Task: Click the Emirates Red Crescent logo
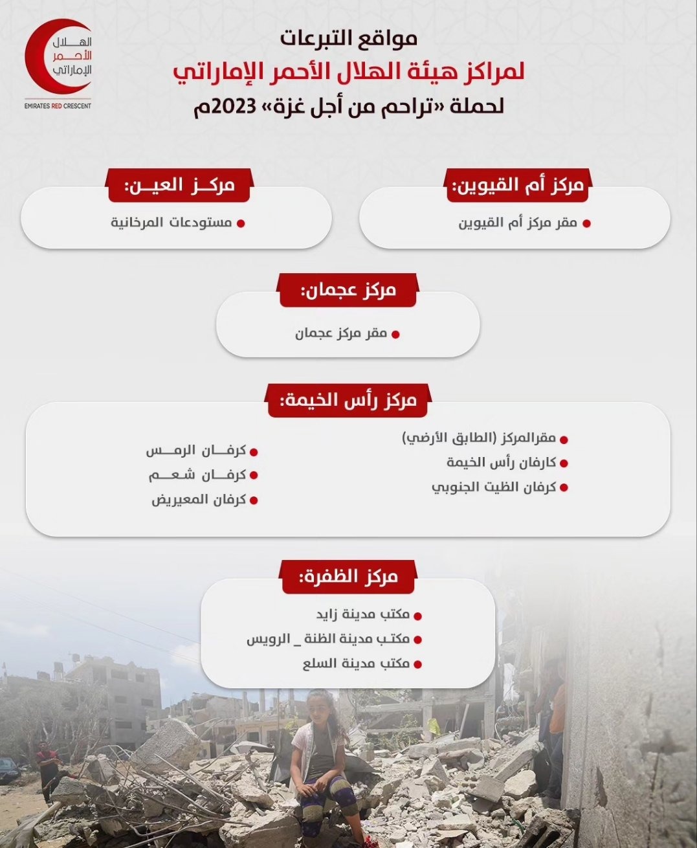(58, 58)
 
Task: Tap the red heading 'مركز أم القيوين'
(518, 186)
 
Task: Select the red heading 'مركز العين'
(179, 186)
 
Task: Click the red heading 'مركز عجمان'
(348, 290)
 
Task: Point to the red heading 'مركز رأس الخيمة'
(348, 401)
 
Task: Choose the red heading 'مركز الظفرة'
(348, 577)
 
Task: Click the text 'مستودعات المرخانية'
(171, 223)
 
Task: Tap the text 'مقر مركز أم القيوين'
(517, 223)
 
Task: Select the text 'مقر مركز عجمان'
(341, 334)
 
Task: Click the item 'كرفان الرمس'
(196, 451)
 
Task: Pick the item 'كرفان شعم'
(197, 475)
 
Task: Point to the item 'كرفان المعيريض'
(199, 500)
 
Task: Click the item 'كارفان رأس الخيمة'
(501, 463)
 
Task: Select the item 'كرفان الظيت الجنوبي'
(494, 487)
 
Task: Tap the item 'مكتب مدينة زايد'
(362, 614)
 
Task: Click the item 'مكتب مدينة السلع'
(356, 664)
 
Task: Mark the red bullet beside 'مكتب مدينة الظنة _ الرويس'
(417, 640)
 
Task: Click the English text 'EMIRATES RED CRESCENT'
(58, 106)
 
